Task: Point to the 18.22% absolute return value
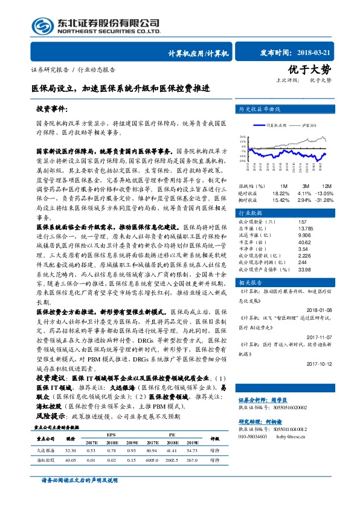(281, 192)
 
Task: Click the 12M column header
(327, 186)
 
